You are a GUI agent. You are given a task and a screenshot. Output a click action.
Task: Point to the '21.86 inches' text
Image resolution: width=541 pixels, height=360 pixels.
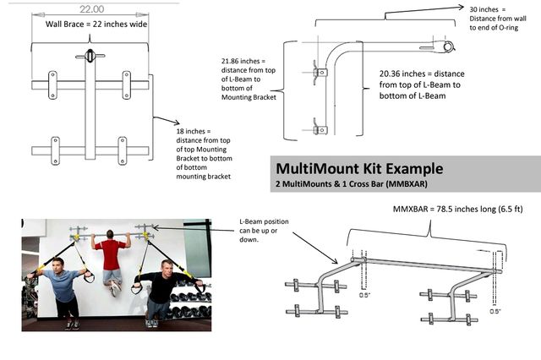coord(240,63)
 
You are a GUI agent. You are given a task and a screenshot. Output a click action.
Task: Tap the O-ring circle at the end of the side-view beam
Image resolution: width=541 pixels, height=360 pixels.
coord(449,46)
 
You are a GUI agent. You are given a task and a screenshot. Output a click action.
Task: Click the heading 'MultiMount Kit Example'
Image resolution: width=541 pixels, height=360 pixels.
coord(358,168)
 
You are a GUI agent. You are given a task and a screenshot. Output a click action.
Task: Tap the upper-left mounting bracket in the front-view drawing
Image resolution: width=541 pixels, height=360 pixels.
coord(52,85)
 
